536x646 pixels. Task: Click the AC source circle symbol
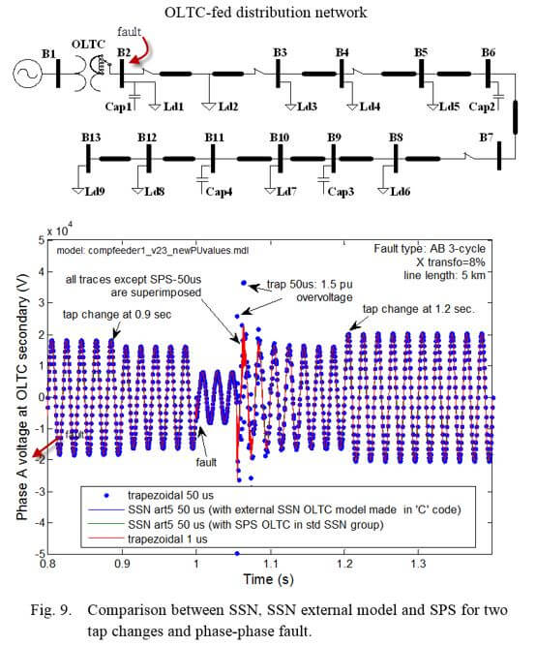[27, 75]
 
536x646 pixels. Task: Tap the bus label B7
[487, 138]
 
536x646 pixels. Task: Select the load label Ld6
[400, 191]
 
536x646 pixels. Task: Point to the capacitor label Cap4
[219, 192]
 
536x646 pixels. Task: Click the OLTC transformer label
[88, 45]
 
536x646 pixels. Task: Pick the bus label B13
[91, 138]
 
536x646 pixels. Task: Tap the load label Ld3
[307, 107]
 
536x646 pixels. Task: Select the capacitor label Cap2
[482, 107]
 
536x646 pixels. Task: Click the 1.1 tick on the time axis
[271, 563]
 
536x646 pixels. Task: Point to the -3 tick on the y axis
[40, 491]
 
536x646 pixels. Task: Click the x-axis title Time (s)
[268, 579]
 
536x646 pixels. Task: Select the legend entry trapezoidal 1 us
[167, 538]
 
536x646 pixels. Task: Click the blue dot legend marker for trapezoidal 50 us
[106, 495]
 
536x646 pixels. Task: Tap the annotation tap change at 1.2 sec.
[418, 309]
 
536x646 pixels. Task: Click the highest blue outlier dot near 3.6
[244, 283]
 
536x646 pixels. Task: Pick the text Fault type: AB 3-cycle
[430, 249]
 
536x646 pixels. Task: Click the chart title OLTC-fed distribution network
[265, 13]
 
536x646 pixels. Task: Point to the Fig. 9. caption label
[51, 610]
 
